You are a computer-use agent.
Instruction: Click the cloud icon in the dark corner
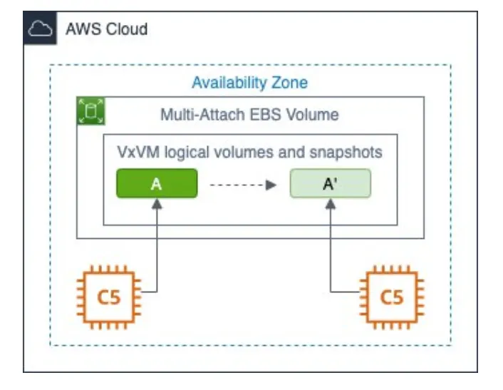[x=40, y=29]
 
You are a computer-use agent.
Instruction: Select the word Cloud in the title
[x=127, y=29]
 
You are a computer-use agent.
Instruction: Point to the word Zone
[x=290, y=83]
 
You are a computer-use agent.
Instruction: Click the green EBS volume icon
[x=90, y=111]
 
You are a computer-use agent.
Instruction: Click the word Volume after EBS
[x=312, y=115]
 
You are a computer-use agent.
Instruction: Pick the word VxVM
[x=138, y=152]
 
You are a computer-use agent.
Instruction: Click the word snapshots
[x=346, y=153]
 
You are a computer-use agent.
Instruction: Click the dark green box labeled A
[x=157, y=183]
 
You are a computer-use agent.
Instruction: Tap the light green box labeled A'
[x=331, y=183]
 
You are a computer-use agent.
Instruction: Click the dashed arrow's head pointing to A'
[x=271, y=185]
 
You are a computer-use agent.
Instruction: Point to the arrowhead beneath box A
[x=157, y=204]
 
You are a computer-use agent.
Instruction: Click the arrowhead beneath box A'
[x=331, y=204]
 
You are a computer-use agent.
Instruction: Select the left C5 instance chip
[x=109, y=297]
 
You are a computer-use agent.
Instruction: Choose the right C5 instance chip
[x=392, y=297]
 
